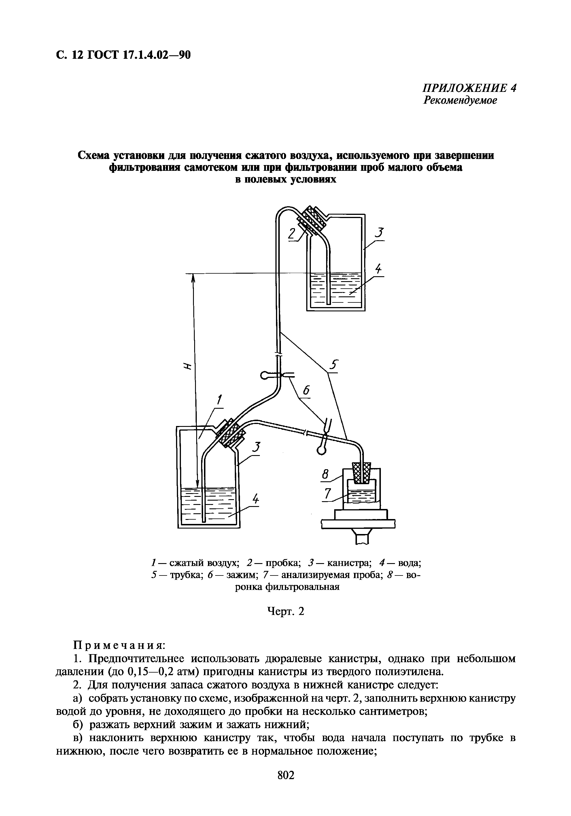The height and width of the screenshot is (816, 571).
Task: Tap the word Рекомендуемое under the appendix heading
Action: click(460, 101)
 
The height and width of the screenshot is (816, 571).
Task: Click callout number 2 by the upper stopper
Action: click(292, 234)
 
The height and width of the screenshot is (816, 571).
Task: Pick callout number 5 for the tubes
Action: click(334, 365)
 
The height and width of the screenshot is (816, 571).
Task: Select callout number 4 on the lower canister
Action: click(255, 499)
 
